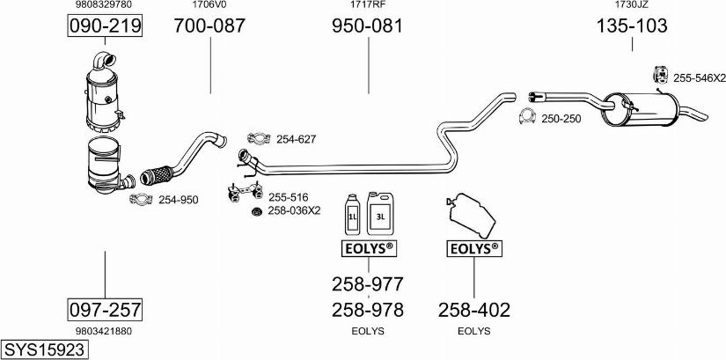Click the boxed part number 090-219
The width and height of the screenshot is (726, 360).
coord(106,27)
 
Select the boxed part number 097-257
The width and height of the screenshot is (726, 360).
coord(106,310)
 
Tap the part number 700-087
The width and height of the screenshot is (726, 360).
coord(209,26)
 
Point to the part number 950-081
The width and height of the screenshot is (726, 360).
coord(367,26)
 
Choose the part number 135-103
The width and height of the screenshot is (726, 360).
coord(632,26)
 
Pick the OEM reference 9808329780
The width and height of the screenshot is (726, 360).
coord(106,5)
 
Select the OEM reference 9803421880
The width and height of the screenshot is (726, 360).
coord(105,331)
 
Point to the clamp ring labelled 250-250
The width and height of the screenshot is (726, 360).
coord(526,117)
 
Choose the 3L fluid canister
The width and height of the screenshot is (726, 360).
coord(379,211)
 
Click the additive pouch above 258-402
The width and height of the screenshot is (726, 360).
coord(470,215)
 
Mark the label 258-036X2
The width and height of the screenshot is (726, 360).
coord(294,211)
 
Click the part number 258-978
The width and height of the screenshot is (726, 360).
coord(367,310)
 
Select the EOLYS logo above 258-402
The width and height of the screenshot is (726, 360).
coord(474,249)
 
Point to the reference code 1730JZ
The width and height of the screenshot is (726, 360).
coord(632,5)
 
